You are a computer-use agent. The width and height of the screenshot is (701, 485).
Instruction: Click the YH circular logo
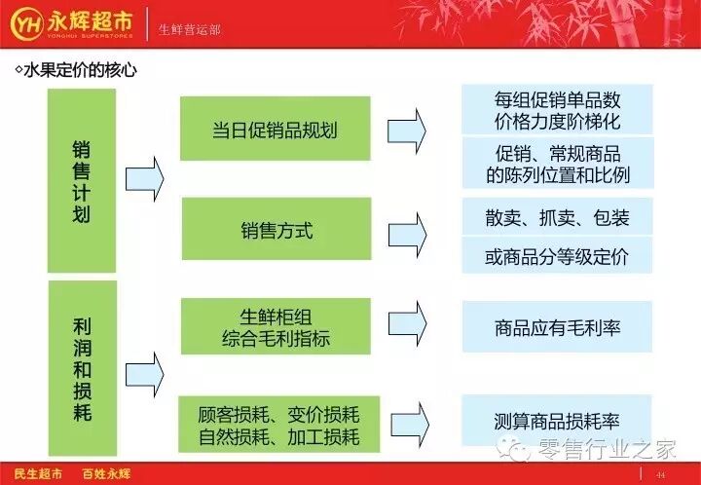coord(27,23)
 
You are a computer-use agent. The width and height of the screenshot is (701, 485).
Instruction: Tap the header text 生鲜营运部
coord(190,30)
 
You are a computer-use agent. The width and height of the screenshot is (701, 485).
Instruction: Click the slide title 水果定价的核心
coord(76,70)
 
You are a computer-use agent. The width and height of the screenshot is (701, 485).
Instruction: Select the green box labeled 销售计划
coord(82,180)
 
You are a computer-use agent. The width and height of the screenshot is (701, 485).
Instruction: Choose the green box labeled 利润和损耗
coord(83,368)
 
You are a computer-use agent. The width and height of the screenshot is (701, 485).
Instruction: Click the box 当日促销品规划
coord(276,129)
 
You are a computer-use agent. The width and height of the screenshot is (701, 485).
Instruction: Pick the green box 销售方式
coord(277,229)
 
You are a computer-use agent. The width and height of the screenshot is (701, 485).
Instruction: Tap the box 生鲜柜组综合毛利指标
coord(276,326)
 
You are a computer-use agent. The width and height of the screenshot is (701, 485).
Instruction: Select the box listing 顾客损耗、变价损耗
coord(279,425)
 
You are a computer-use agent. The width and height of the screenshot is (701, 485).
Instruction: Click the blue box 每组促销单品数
coord(557,109)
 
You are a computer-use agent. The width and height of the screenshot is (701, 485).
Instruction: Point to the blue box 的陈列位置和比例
coord(558,164)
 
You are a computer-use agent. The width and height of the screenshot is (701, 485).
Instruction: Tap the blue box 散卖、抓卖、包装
coord(558,217)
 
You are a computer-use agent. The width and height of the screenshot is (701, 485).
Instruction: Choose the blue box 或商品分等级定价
coord(557,255)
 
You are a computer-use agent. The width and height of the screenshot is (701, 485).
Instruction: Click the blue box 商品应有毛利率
coord(558,327)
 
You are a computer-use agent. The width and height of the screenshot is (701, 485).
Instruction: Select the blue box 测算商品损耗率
coord(557,420)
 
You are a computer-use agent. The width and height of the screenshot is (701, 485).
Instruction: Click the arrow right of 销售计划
coord(145,179)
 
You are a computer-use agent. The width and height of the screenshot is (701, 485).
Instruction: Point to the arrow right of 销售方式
coord(407,235)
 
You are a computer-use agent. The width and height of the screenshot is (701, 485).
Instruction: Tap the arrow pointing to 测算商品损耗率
coord(410,425)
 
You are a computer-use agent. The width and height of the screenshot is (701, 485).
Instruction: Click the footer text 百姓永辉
coord(106,474)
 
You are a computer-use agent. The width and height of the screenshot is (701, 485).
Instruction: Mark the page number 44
coord(661,475)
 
